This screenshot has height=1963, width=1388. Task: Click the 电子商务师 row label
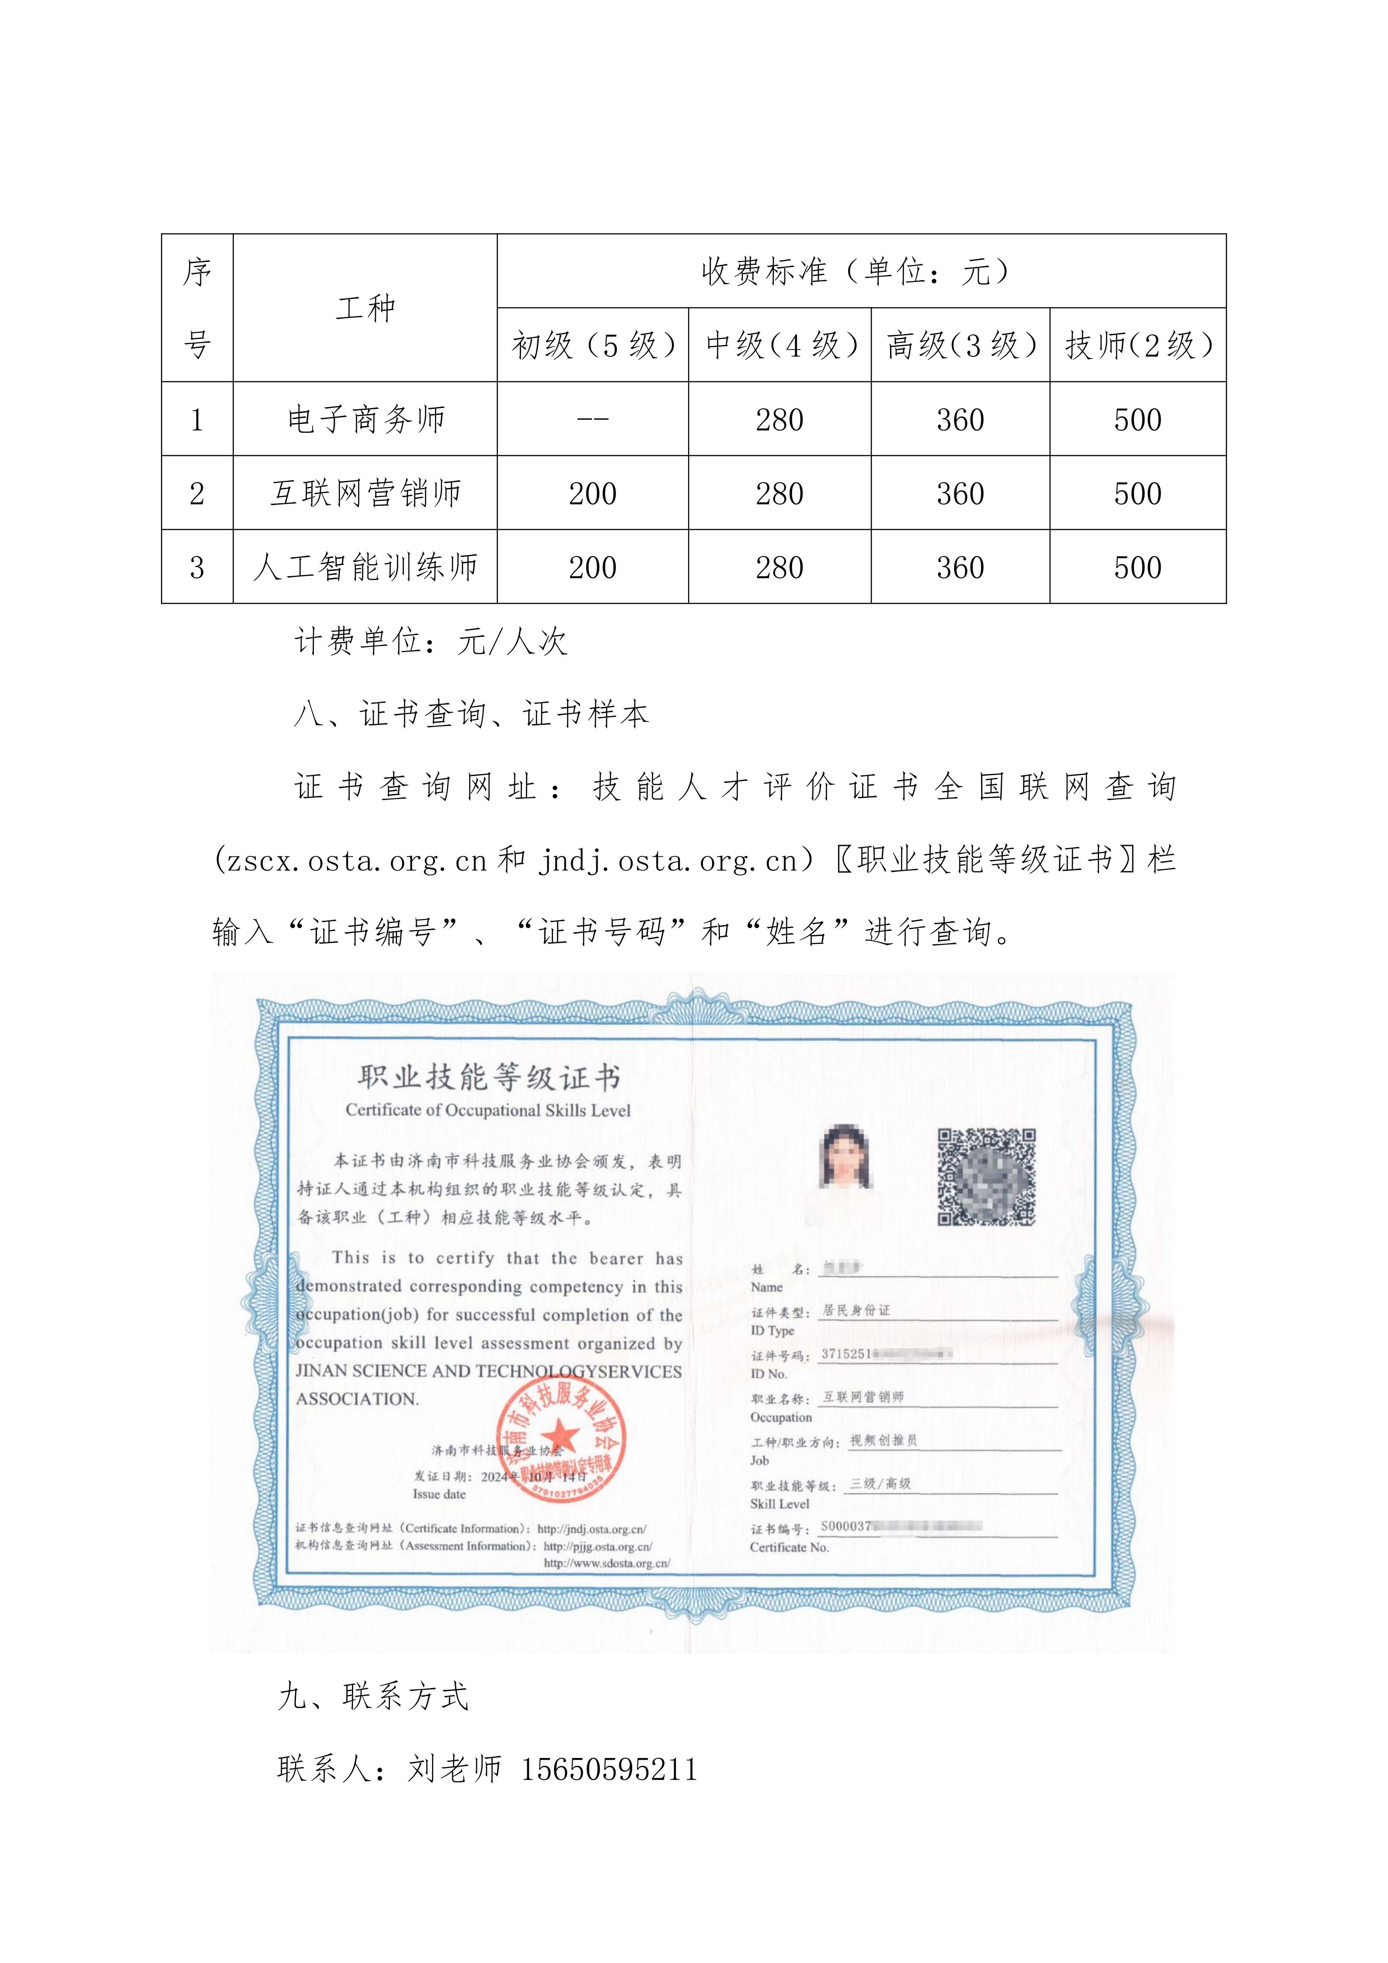click(366, 419)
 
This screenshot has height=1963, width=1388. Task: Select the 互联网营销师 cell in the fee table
click(366, 493)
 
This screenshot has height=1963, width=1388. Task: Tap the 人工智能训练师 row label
click(366, 567)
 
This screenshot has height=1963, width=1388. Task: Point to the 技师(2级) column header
click(1138, 345)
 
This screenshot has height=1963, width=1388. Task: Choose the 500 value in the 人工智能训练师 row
click(1138, 567)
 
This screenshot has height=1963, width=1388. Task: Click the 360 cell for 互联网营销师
click(960, 493)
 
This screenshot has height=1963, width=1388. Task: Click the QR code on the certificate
click(987, 1176)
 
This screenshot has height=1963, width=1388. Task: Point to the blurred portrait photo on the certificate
click(845, 1157)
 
